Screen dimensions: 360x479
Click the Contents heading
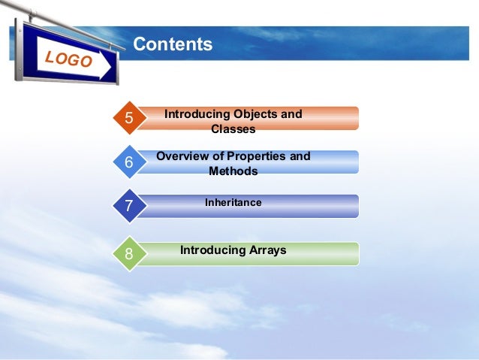[x=173, y=45]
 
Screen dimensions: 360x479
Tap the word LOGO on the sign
[x=68, y=59]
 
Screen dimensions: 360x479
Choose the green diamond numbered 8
[x=129, y=254]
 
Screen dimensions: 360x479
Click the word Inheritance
[x=233, y=203]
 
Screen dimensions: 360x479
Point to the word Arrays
[x=267, y=250]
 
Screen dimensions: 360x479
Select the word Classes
[x=233, y=129]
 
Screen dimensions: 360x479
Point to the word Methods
[x=233, y=171]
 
